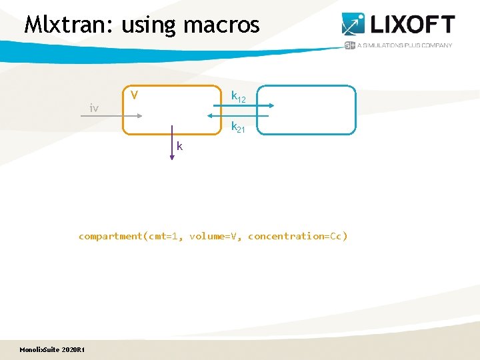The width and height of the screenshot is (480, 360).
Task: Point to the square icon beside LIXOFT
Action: [353, 24]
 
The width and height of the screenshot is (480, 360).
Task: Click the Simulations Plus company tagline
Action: [405, 45]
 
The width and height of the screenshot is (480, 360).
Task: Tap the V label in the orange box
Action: [134, 95]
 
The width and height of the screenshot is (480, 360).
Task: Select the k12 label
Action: [238, 97]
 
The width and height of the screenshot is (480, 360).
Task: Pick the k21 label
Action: [238, 127]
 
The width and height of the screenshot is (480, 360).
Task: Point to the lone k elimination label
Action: [180, 146]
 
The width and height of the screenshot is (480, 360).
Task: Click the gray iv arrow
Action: [111, 116]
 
